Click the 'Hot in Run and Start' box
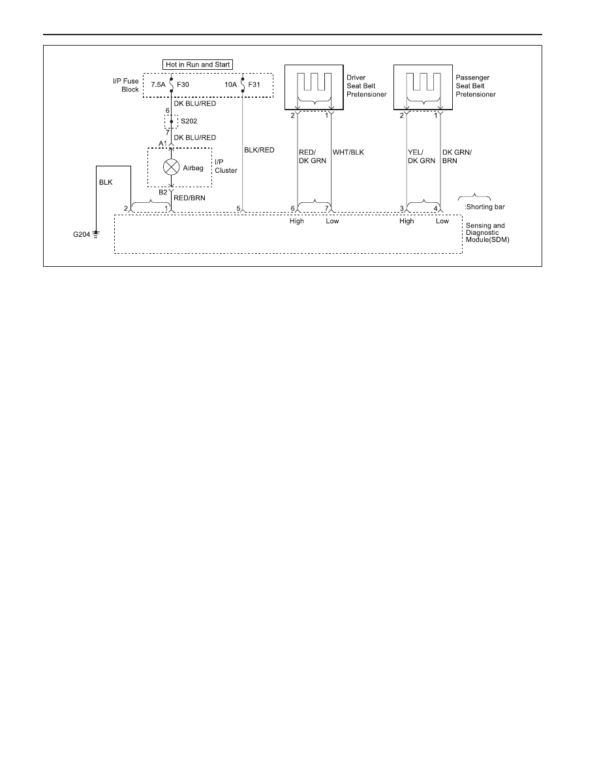tap(198, 65)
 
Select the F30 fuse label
tap(183, 85)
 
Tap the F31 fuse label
tap(254, 85)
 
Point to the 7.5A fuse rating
tap(158, 85)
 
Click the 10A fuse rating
tap(231, 85)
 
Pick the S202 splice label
tap(189, 121)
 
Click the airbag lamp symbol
tap(172, 167)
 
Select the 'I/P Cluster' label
tap(226, 166)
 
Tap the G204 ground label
tap(82, 234)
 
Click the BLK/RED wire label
tap(259, 150)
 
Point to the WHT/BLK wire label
tap(348, 152)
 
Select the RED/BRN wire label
tap(189, 198)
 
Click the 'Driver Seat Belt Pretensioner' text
tap(366, 86)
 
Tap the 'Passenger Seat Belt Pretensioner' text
tap(476, 86)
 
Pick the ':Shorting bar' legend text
tap(484, 207)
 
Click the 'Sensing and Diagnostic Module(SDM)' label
tap(487, 233)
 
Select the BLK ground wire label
tap(106, 183)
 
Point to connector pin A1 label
tap(162, 144)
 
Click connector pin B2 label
tap(163, 192)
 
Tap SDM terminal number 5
tap(238, 209)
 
